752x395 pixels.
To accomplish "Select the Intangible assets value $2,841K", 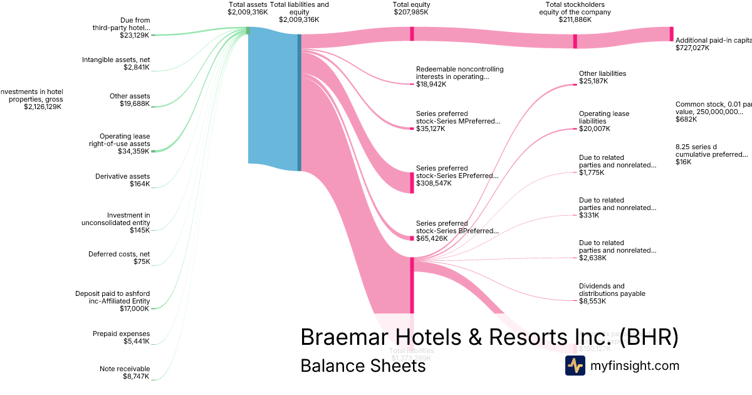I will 137,67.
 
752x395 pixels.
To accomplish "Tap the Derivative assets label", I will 123,176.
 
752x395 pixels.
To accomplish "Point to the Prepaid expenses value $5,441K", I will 137,341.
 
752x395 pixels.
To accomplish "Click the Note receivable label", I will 125,369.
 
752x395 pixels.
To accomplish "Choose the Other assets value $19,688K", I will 135,103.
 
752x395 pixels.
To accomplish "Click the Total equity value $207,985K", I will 412,12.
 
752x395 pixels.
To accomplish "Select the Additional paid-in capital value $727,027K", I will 692,48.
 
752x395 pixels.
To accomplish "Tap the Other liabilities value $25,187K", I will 593,81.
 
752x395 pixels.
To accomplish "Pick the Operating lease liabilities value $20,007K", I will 594,129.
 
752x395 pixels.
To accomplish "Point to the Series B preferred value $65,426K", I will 432,238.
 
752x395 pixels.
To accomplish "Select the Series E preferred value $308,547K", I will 434,183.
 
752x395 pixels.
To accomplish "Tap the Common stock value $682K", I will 683,119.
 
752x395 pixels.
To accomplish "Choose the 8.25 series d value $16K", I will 683,162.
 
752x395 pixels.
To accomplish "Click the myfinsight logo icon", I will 575,365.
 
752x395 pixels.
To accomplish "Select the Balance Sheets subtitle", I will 363,365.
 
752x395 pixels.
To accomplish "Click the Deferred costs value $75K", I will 142,261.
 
